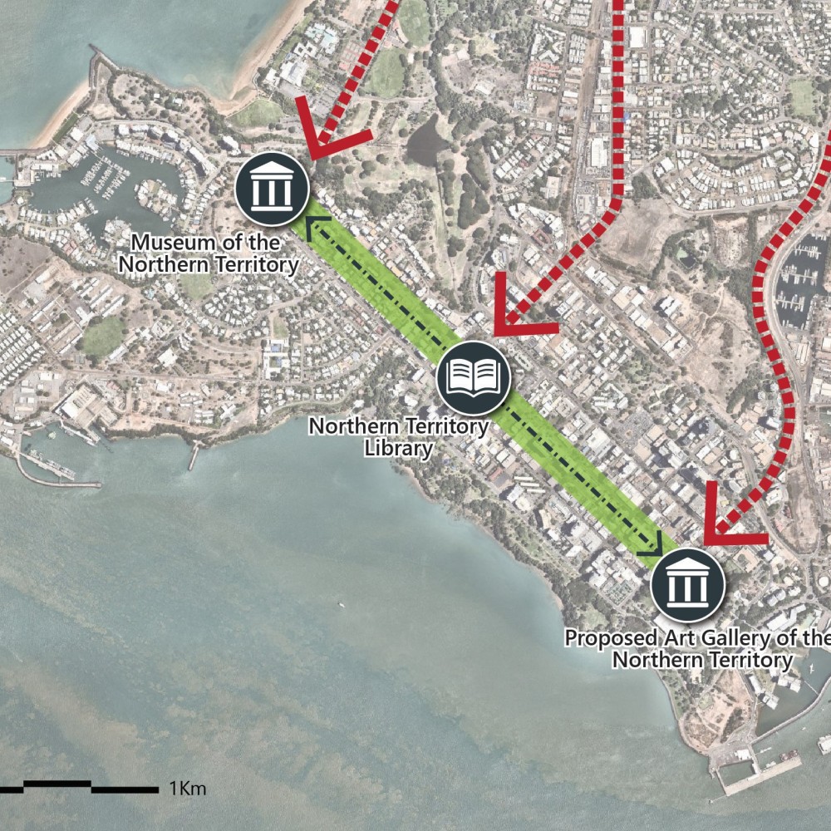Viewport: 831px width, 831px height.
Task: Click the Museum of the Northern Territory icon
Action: (x=272, y=189)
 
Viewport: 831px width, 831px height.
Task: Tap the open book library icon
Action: (x=473, y=377)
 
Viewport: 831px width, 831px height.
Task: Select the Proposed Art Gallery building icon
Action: (x=688, y=585)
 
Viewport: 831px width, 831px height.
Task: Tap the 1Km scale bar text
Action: (x=187, y=788)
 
